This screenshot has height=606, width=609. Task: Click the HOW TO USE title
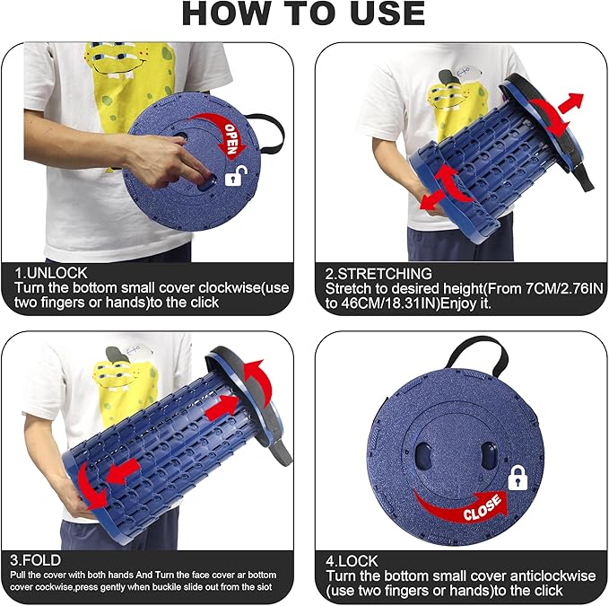303,13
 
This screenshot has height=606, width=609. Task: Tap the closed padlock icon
518,478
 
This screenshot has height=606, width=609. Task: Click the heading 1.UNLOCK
51,273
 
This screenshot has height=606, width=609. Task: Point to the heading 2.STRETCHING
378,274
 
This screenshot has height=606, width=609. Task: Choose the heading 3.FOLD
35,560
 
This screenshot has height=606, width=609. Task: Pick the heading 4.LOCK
352,561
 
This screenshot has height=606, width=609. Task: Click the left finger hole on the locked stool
421,455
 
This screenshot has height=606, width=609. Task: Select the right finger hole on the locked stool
489,455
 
